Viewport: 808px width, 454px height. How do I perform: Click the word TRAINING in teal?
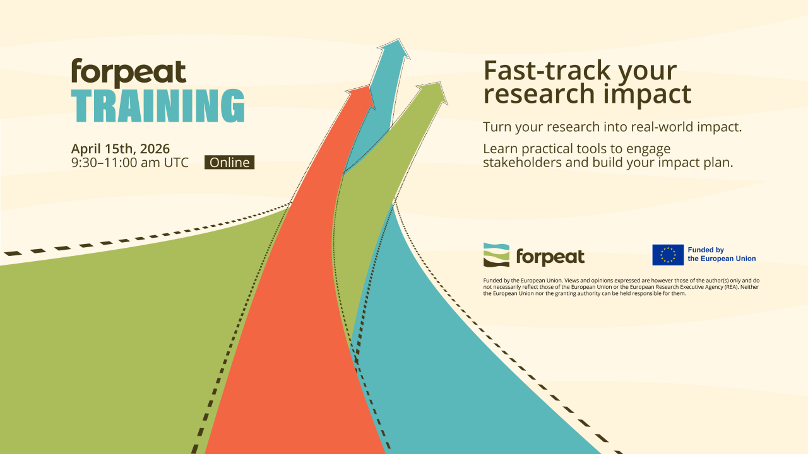click(x=158, y=105)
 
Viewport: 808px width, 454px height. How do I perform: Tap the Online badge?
click(x=229, y=162)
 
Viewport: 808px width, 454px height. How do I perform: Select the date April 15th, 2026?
click(x=121, y=149)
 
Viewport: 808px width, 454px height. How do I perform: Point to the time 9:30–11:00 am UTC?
click(x=130, y=163)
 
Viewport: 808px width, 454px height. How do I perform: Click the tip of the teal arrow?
click(x=398, y=39)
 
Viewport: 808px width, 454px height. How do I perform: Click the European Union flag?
click(x=668, y=255)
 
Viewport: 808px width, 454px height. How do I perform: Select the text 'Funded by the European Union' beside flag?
click(x=722, y=254)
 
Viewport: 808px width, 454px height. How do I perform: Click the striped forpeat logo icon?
click(x=496, y=255)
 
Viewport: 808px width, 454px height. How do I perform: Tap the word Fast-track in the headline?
click(x=549, y=71)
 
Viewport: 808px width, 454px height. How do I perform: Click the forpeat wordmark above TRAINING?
click(x=129, y=73)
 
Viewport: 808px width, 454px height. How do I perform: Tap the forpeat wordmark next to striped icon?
click(x=550, y=257)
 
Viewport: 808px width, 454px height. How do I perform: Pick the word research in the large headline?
click(x=539, y=94)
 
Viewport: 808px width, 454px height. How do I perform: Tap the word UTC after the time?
click(x=176, y=163)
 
